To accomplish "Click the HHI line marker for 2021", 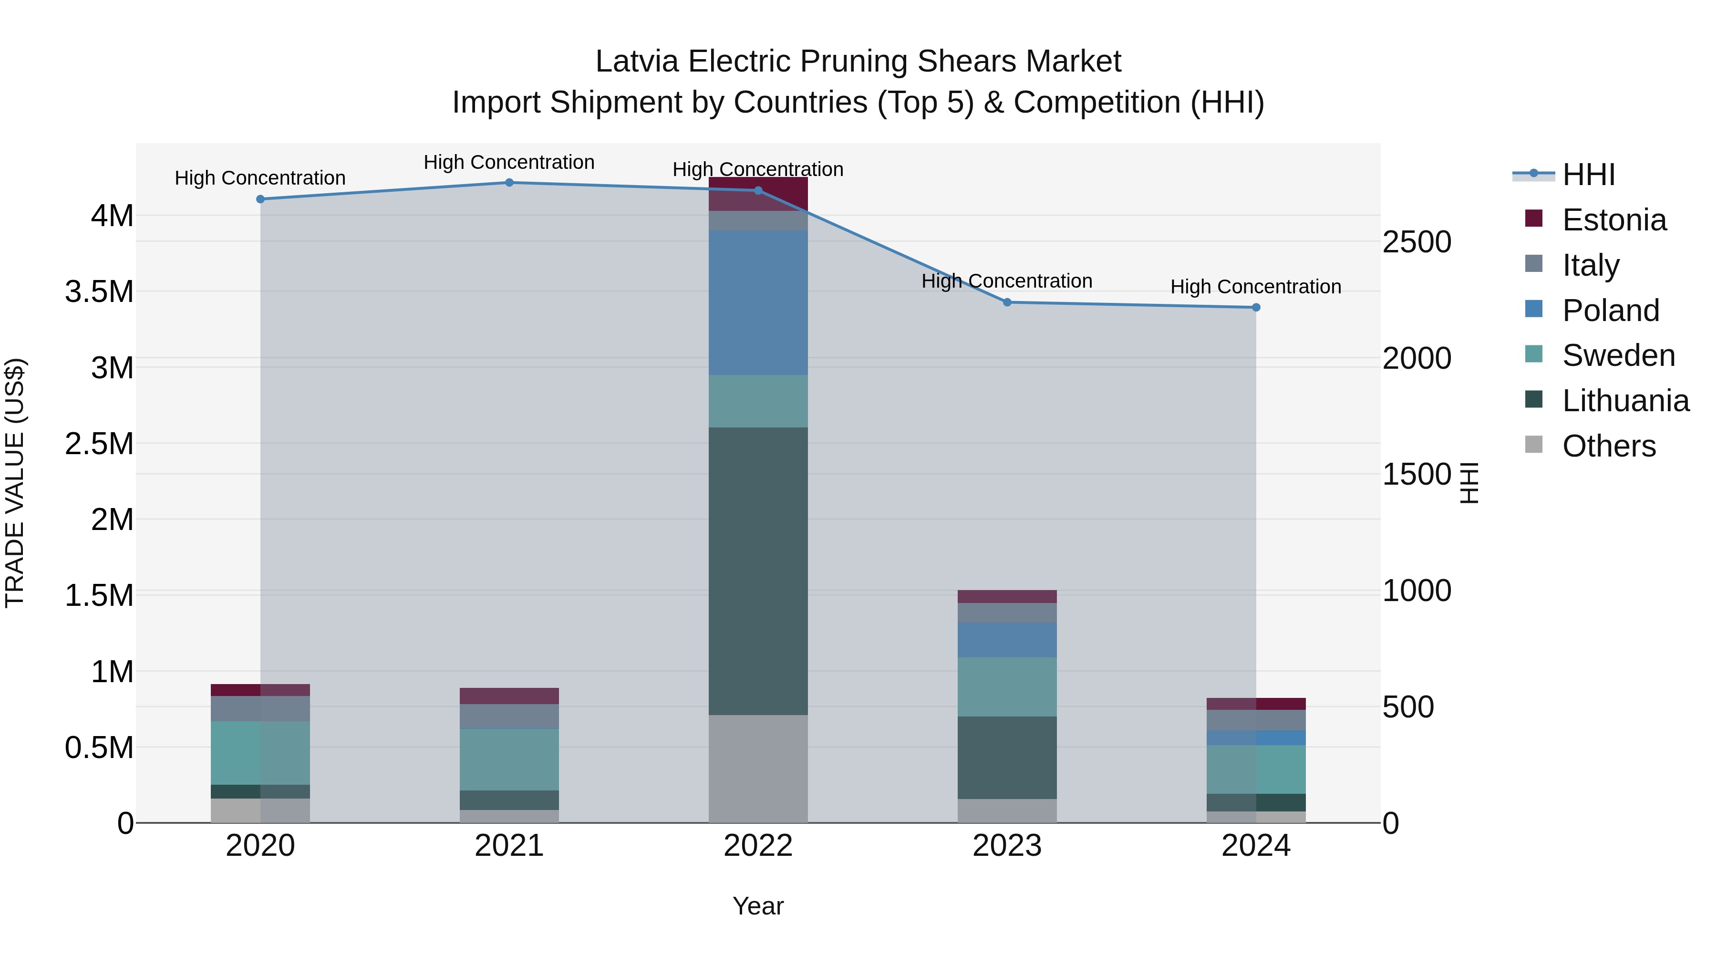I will pyautogui.click(x=509, y=183).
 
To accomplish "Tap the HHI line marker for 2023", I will pyautogui.click(x=1007, y=302).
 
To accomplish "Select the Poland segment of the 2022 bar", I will pyautogui.click(x=758, y=302).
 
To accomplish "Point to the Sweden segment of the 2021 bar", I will pyautogui.click(x=509, y=759).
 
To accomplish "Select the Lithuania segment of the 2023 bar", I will pyautogui.click(x=1007, y=758).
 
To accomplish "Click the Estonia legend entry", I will pyautogui.click(x=1614, y=220).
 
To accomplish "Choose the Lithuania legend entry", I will pyautogui.click(x=1625, y=401).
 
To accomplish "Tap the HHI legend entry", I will pyautogui.click(x=1588, y=175).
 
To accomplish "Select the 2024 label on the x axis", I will pyautogui.click(x=1256, y=846).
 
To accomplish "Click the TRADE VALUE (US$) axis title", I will pyautogui.click(x=15, y=483).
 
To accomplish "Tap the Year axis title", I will pyautogui.click(x=758, y=906).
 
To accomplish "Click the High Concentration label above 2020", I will pyautogui.click(x=260, y=178).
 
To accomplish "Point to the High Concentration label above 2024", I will pyautogui.click(x=1256, y=287).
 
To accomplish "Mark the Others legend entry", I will pyautogui.click(x=1608, y=446).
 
